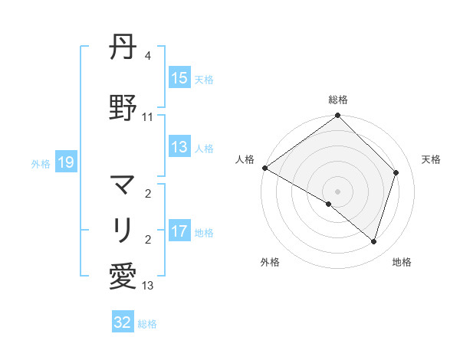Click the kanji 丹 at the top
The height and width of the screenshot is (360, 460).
123,50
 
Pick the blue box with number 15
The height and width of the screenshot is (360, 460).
179,78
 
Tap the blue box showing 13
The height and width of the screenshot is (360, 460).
179,148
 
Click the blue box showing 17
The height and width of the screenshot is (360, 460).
179,232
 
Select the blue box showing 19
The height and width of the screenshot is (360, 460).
65,162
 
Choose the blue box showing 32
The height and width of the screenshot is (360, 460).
123,322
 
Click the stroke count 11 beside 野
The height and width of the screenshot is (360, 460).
148,117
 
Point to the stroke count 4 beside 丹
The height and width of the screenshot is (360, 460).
147,57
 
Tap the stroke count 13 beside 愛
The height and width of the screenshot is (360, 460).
148,286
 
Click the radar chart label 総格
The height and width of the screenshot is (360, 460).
338,100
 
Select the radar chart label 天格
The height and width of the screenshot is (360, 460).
431,159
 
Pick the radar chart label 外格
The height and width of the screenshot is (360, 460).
270,262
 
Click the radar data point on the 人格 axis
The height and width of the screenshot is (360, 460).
264,168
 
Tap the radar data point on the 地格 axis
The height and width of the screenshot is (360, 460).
374,241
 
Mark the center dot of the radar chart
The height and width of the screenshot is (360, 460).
337,191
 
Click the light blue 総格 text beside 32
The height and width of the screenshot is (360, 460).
147,324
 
